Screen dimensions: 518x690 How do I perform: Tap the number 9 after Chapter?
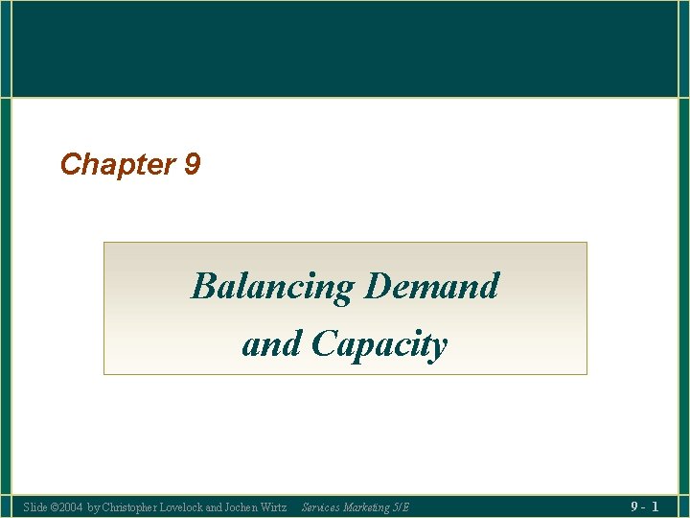(192, 165)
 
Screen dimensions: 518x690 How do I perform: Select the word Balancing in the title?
(272, 287)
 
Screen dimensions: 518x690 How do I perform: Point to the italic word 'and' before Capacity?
(272, 343)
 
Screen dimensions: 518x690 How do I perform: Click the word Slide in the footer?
(36, 506)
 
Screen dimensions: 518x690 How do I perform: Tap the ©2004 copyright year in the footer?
(68, 506)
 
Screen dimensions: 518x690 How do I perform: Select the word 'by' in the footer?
(93, 506)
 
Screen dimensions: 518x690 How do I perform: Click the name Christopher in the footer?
(129, 506)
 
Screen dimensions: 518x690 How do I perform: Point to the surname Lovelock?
(181, 506)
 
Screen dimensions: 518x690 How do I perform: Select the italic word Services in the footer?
(320, 506)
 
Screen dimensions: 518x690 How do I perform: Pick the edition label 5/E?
(401, 506)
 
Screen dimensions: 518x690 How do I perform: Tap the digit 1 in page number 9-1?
(655, 506)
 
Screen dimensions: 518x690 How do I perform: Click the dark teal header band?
(345, 48)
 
